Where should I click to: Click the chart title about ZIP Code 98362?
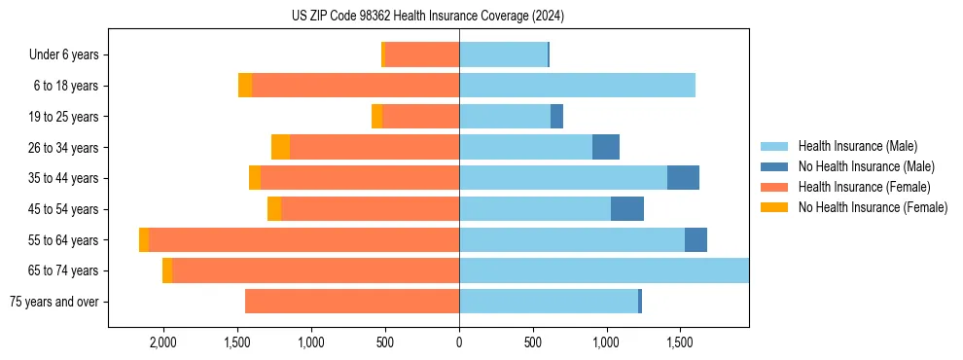coord(428,17)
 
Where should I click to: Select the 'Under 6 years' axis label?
coord(69,55)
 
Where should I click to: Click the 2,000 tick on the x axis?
coord(162,342)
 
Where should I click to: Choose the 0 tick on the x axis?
coord(459,342)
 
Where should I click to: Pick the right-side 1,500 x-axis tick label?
coord(680,342)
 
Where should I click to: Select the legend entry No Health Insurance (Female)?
coord(873,207)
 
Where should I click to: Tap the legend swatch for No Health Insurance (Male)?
coord(774,166)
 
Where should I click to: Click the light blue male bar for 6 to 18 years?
coord(577,86)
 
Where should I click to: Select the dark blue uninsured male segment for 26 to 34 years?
coord(606,147)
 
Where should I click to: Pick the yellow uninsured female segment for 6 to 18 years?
coord(245,86)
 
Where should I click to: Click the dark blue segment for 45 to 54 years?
coord(627,209)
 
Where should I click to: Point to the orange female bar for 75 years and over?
coord(352,302)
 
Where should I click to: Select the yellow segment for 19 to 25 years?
coord(377,117)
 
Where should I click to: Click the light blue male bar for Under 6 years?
coord(503,55)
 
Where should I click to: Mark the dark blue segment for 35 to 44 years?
coord(683,178)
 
